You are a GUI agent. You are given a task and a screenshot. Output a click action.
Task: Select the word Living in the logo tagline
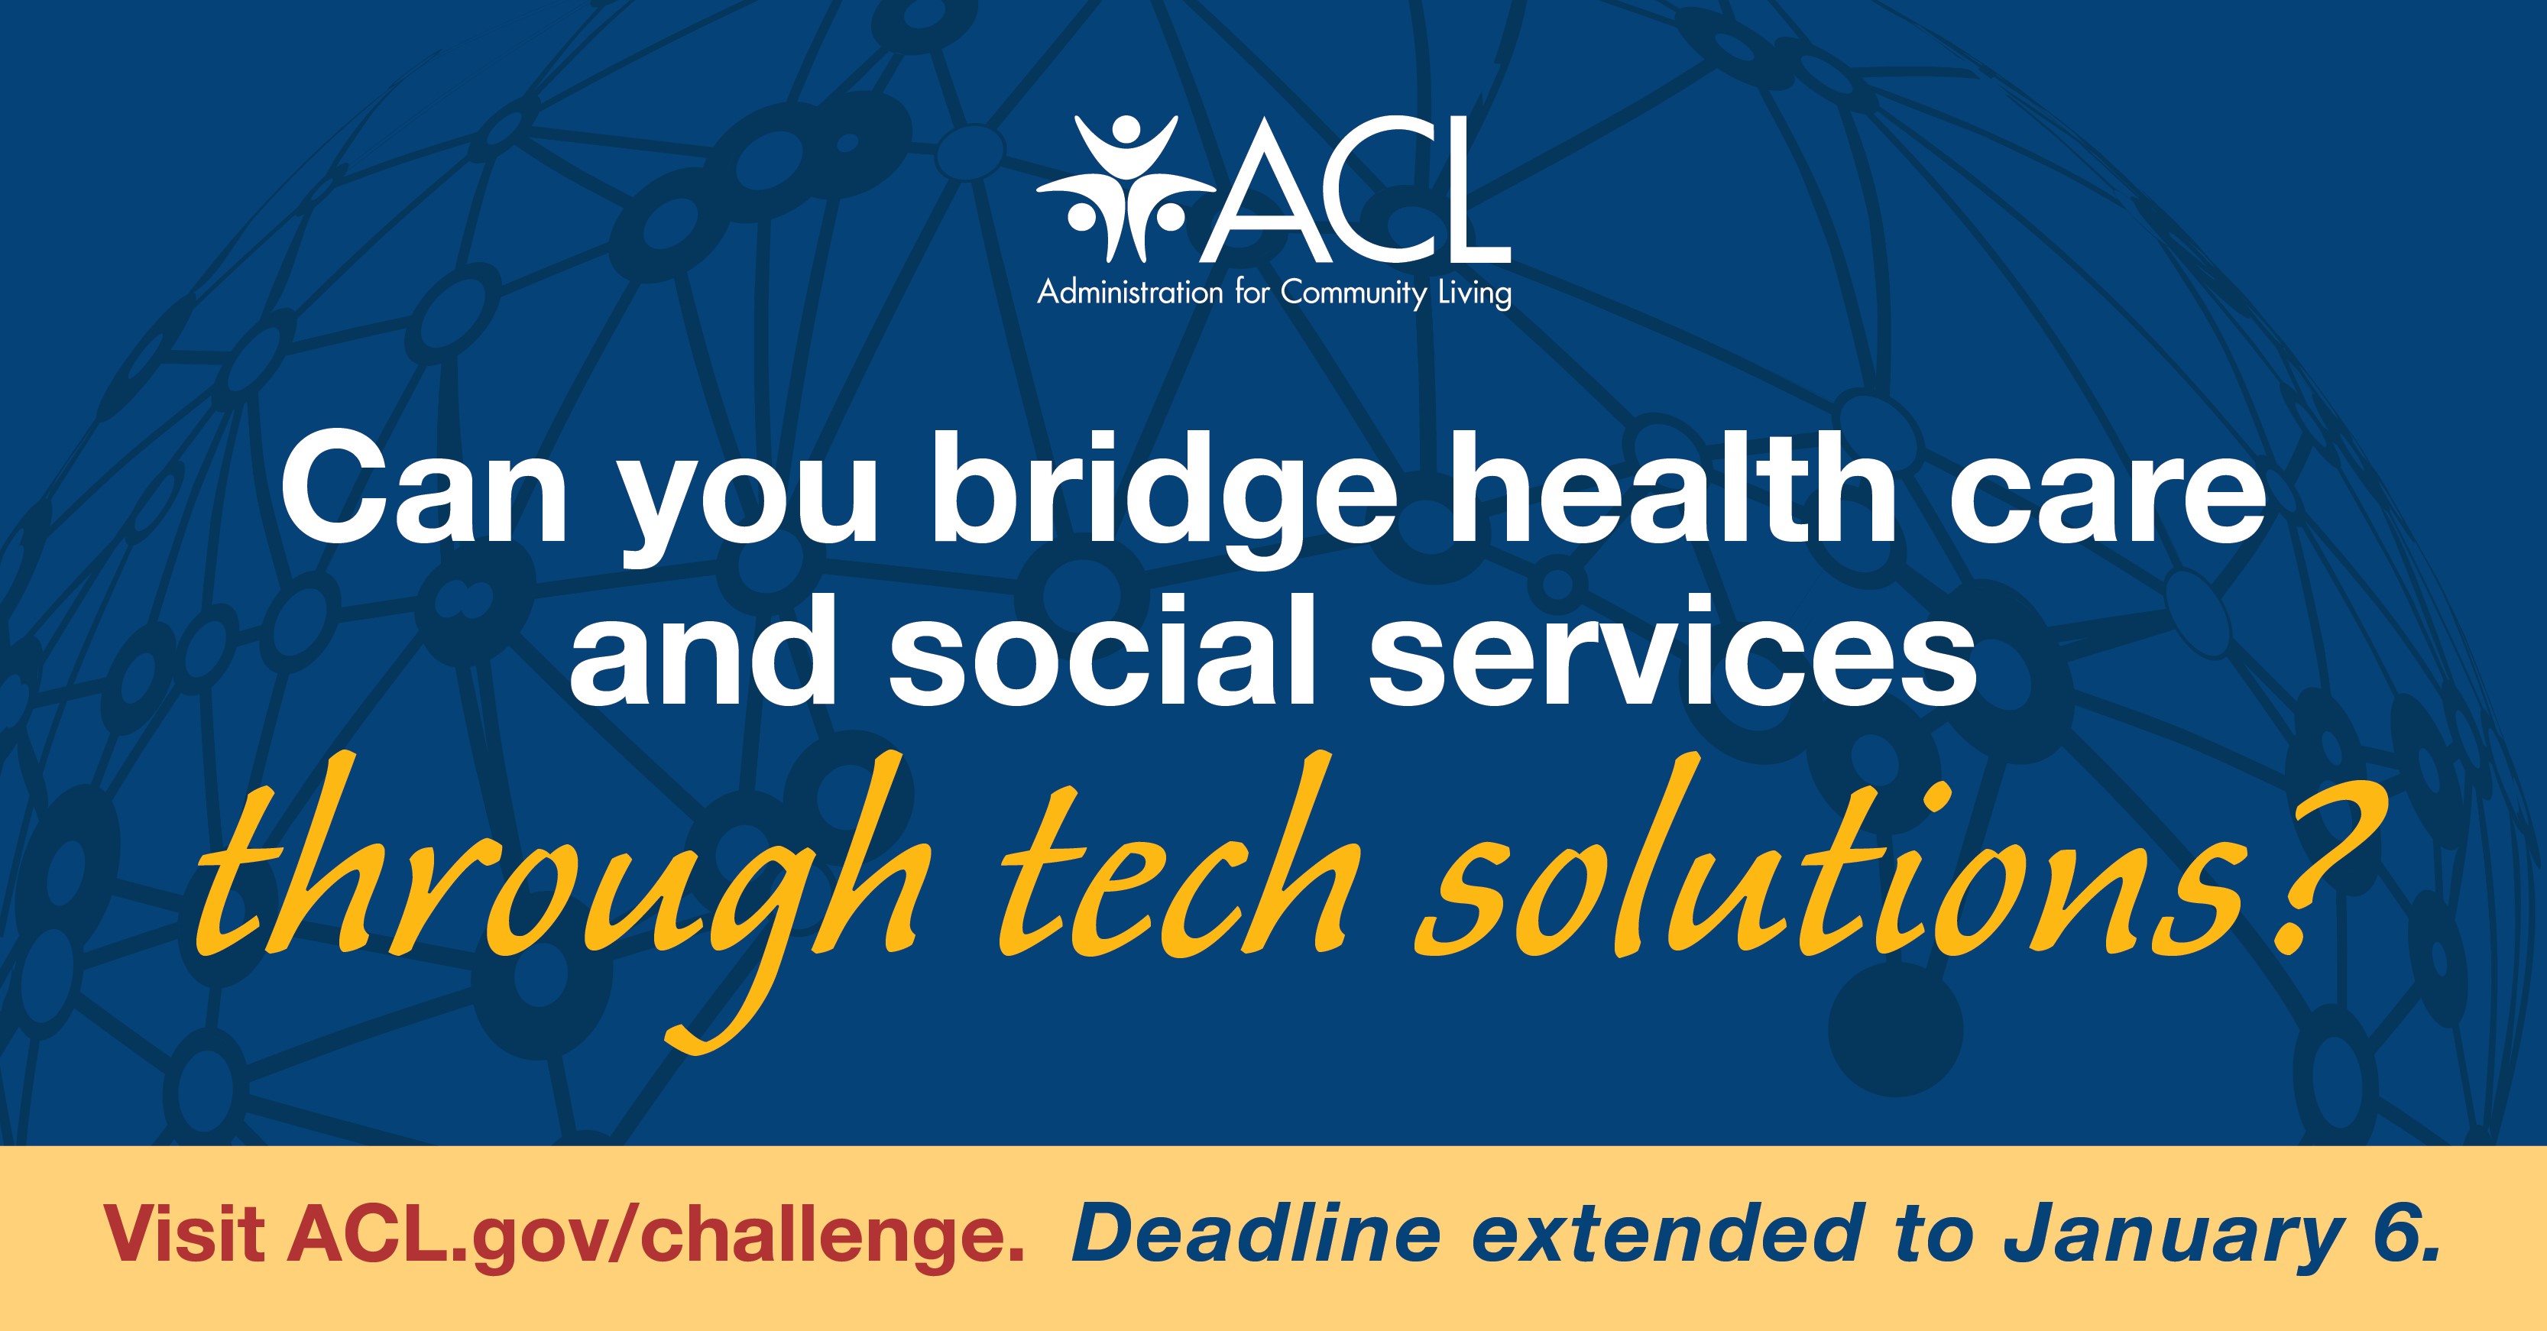[x=1473, y=295]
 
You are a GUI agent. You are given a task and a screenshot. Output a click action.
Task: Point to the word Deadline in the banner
[x=1254, y=1233]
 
